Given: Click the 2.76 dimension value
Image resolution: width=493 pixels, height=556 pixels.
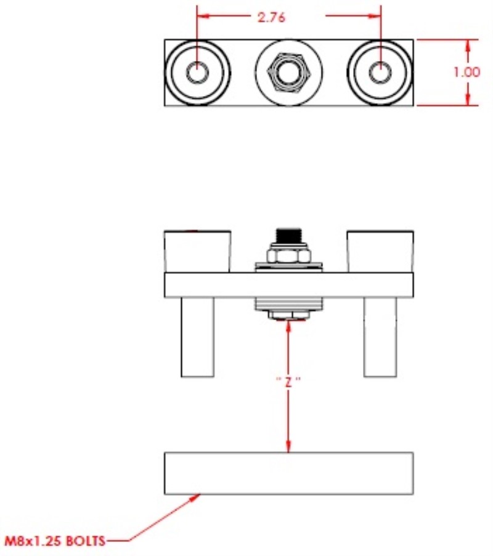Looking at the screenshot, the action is [x=271, y=17].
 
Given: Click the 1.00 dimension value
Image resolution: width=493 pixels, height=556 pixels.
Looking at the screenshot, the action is [x=467, y=72].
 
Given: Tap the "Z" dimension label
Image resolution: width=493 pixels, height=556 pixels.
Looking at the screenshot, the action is [x=288, y=381].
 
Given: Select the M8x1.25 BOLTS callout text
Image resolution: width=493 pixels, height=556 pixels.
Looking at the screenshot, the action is [x=55, y=541].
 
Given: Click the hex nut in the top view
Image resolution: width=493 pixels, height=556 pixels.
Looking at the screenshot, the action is [x=289, y=72].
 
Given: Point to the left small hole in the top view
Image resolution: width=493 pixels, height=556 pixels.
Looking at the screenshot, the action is [x=198, y=72].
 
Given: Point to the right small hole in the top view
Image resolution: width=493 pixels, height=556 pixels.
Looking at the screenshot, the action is [x=380, y=72].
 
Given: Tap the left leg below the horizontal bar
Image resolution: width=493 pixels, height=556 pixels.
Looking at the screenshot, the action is [x=198, y=337].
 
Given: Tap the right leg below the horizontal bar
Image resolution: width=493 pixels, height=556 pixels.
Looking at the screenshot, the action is [x=380, y=337].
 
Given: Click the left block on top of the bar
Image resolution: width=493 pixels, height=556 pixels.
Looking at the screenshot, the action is [x=198, y=252].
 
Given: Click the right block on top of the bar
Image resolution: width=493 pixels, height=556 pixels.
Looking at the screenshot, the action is [x=380, y=252].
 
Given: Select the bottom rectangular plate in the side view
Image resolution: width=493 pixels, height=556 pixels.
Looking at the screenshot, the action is [x=289, y=473].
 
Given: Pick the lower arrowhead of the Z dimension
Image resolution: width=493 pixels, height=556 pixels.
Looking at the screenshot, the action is [x=288, y=445].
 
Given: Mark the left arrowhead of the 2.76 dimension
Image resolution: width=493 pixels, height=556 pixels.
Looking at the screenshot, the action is [x=205, y=15].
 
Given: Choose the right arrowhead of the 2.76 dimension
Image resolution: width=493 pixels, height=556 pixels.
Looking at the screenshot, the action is [x=373, y=15].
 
